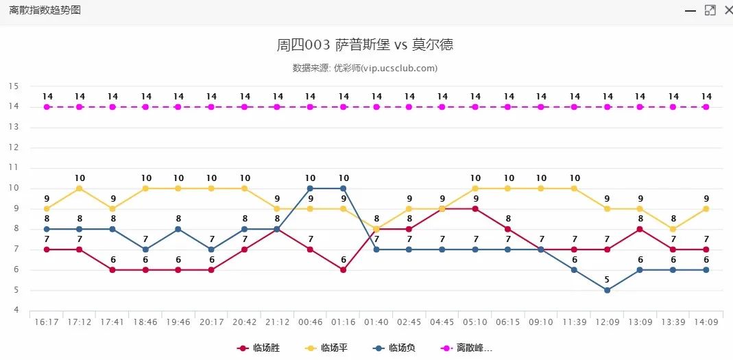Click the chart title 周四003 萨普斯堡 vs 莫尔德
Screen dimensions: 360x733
[365, 45]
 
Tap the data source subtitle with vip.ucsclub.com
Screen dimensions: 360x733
[365, 68]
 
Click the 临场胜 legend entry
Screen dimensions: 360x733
[258, 348]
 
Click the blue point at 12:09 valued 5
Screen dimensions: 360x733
[608, 290]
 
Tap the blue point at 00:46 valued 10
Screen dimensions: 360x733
[311, 188]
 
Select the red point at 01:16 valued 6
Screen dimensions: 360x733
[344, 269]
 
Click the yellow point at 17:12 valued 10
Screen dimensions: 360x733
[80, 188]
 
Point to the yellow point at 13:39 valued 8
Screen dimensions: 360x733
[673, 229]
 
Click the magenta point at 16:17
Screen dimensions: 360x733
[47, 107]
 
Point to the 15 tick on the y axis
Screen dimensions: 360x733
[14, 86]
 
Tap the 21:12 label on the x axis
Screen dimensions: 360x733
[278, 322]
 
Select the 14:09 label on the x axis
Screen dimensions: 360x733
[706, 322]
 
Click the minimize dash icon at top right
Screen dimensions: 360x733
[690, 10]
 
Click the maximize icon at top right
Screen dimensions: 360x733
[710, 10]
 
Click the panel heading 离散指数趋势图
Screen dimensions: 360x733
[45, 10]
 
